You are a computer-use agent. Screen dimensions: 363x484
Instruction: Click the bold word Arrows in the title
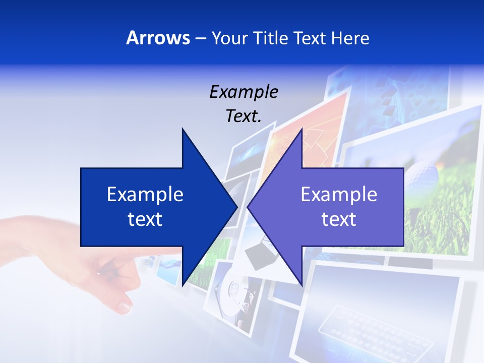[x=158, y=38]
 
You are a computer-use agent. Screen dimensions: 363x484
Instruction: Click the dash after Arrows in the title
[x=200, y=39]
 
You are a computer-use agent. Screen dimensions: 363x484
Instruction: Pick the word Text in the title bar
[x=311, y=38]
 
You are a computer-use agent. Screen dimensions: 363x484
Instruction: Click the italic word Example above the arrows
[x=244, y=92]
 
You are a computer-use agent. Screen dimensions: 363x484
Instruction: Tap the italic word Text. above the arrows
[x=244, y=116]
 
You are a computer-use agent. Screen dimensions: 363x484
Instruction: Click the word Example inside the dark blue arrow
[x=145, y=195]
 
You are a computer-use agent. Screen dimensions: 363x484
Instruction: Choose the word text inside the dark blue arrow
[x=145, y=219]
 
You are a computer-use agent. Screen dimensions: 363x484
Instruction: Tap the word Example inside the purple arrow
[x=339, y=195]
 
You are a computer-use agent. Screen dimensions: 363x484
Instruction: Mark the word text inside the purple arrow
[x=339, y=219]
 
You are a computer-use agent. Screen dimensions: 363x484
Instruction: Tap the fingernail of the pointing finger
[x=124, y=306]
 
